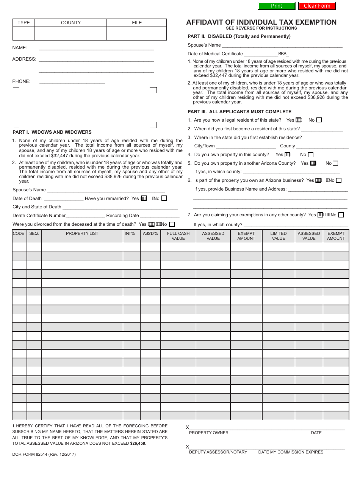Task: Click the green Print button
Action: [276, 6]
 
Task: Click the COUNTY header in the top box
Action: [71, 23]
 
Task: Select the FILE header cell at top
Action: [137, 23]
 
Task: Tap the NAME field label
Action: [20, 48]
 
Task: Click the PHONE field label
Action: [21, 81]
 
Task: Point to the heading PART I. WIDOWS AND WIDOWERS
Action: [52, 132]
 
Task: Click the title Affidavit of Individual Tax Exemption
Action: [261, 22]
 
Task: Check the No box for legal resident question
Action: [319, 120]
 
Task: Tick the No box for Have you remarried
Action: [164, 198]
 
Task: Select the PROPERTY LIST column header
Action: [82, 234]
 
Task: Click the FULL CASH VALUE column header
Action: [178, 236]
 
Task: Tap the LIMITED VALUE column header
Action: [279, 236]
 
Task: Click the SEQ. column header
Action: [34, 234]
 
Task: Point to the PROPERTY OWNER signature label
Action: [209, 433]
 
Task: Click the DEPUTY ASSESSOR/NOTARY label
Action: [218, 452]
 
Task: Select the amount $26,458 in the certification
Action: [138, 443]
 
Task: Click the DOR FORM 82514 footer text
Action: [44, 454]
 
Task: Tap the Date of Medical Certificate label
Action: [215, 54]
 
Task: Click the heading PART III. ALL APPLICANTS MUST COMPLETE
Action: [239, 112]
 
